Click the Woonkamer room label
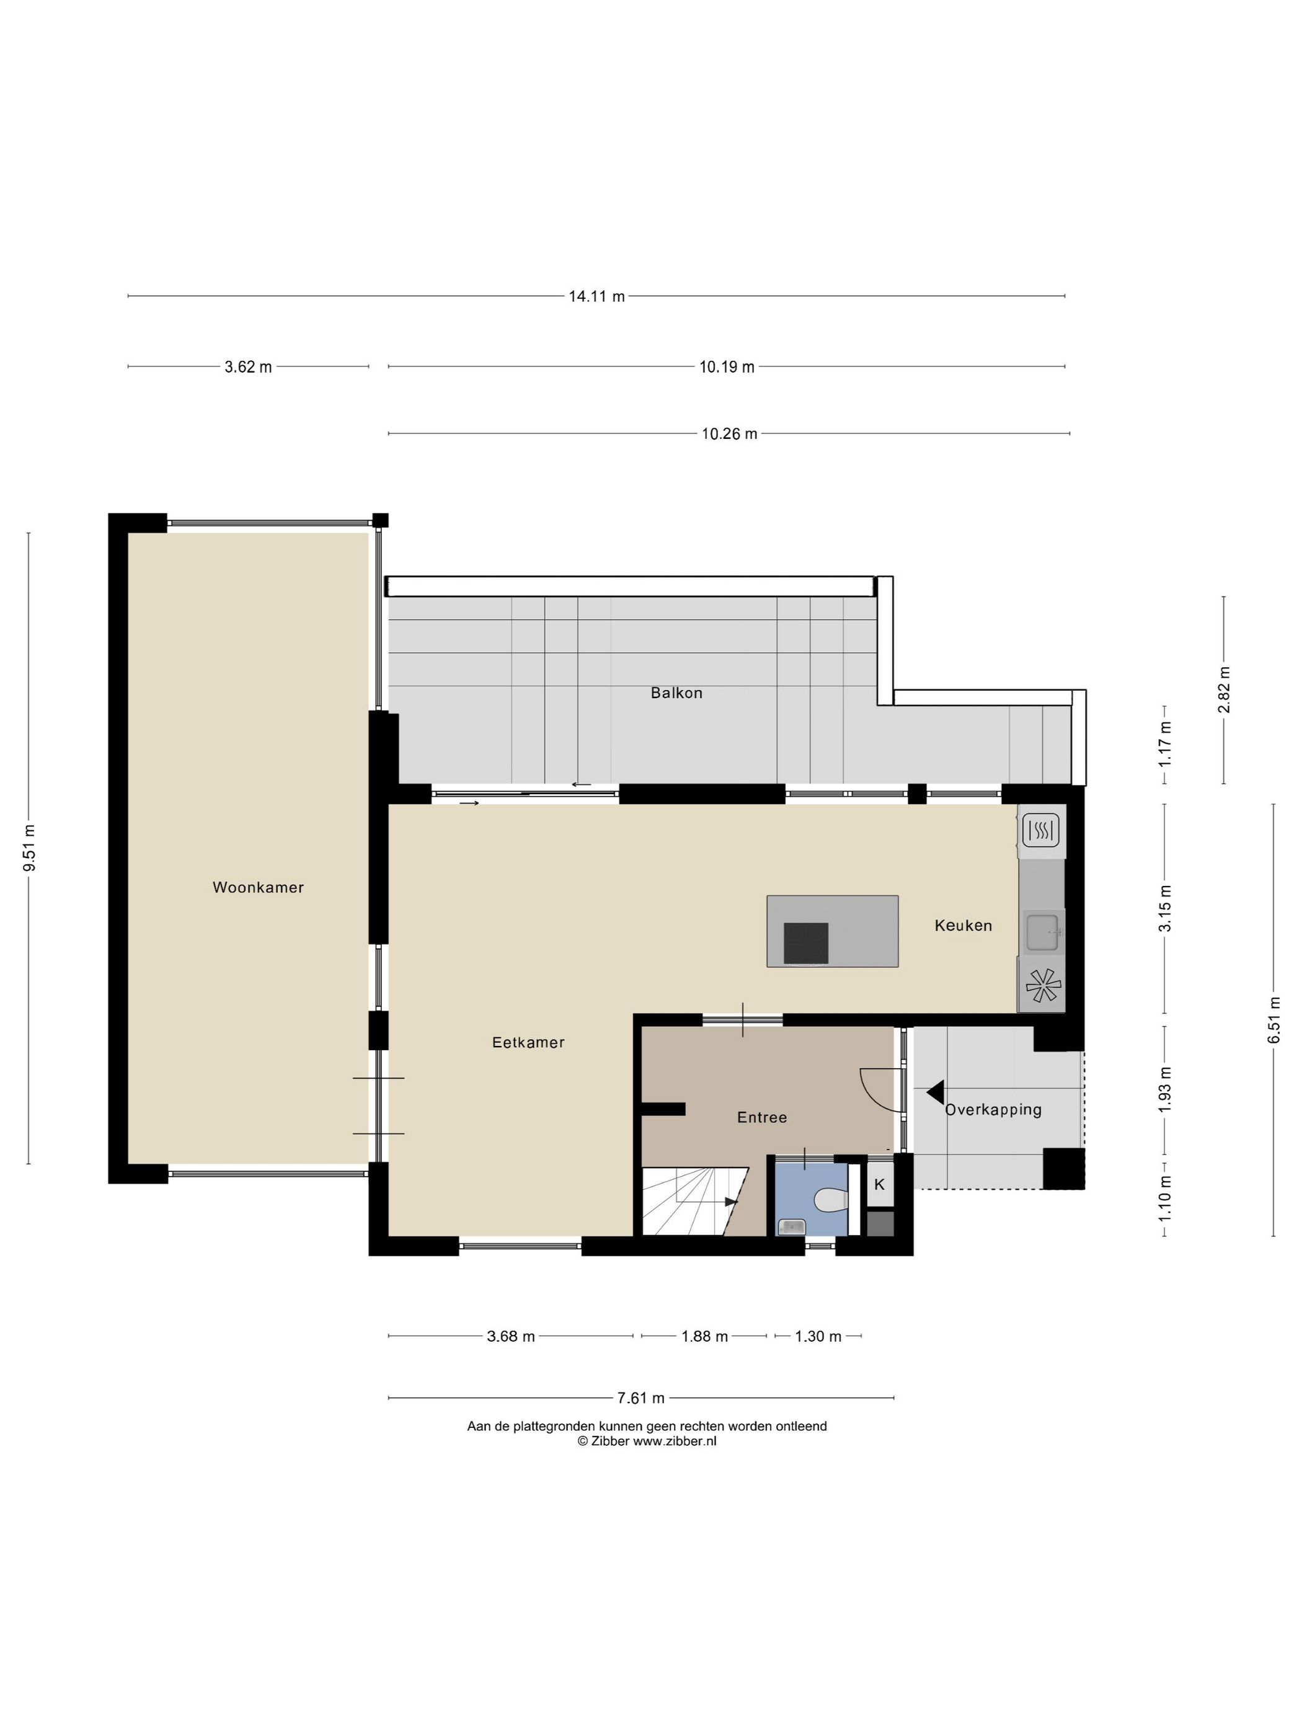[x=257, y=888]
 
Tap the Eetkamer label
[x=528, y=1042]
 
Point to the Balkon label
[x=676, y=693]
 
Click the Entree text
[x=761, y=1118]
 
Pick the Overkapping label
[x=993, y=1110]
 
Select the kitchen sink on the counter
[x=1042, y=932]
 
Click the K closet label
[x=879, y=1184]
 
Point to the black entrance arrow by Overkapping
[x=935, y=1092]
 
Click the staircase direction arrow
[x=730, y=1202]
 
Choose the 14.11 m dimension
[x=596, y=296]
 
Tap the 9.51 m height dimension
[x=29, y=848]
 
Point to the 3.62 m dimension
[x=248, y=367]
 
